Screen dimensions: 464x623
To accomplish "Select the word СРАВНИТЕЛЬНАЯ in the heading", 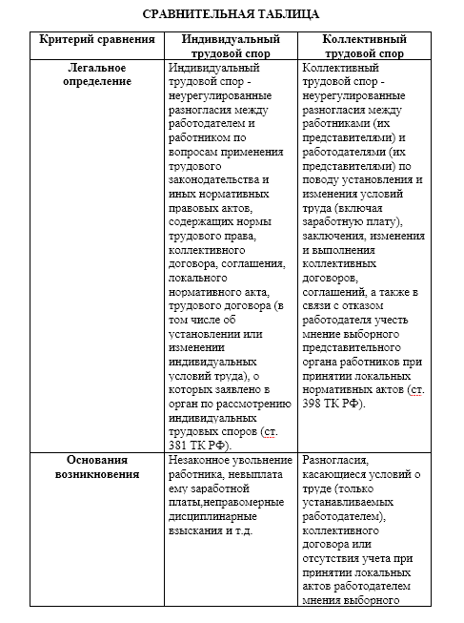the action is coord(191,14).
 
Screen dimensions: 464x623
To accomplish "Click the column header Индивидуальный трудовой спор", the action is coord(229,47).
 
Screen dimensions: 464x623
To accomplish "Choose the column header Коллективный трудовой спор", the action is coord(365,47).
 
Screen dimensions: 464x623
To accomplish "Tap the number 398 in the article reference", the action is coord(316,405).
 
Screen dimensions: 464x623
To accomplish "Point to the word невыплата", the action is coord(247,475).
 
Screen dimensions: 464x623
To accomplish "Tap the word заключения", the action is coord(334,237).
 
